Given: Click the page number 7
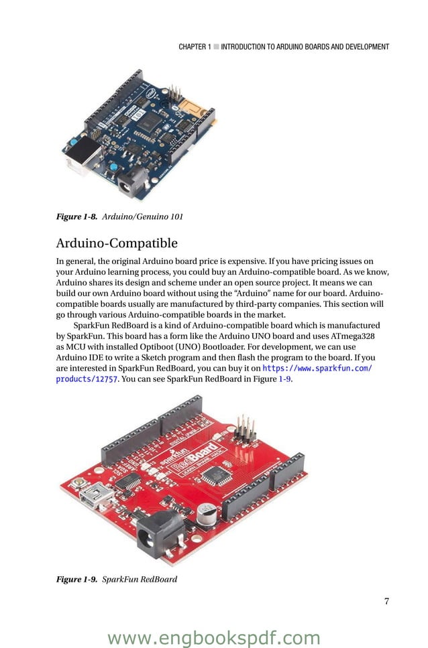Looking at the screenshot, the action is (386, 601).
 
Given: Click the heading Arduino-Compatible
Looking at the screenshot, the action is (117, 242).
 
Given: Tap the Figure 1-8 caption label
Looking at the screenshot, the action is (77, 216).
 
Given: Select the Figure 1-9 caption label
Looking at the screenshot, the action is (77, 578).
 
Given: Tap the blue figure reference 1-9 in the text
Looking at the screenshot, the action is (284, 379).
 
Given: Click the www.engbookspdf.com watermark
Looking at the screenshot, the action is (214, 637).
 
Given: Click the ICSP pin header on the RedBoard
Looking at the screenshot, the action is (245, 430).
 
